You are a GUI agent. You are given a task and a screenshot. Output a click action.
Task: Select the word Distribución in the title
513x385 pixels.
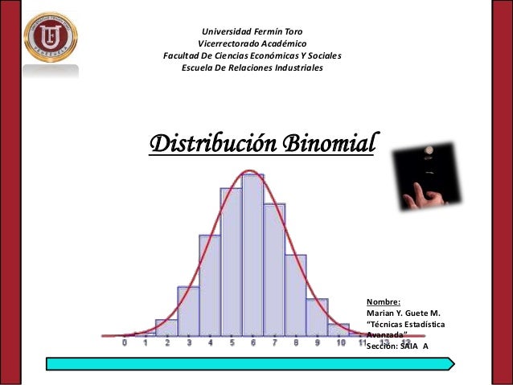click(x=211, y=144)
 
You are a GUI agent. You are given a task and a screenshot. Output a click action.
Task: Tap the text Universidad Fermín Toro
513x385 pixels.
click(x=252, y=31)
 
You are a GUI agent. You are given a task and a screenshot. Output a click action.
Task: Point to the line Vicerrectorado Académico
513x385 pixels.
click(x=252, y=43)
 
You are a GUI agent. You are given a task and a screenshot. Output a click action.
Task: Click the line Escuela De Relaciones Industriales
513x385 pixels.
click(x=252, y=68)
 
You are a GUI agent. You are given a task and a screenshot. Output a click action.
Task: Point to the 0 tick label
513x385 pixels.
click(x=125, y=343)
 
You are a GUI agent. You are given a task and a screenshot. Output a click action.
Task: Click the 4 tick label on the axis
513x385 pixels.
click(x=210, y=343)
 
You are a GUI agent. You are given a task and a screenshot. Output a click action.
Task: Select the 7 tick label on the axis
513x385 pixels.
click(x=274, y=343)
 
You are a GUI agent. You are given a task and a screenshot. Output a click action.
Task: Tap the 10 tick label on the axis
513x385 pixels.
click(x=341, y=343)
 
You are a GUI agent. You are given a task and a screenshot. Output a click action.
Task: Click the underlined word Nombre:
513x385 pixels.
click(x=378, y=302)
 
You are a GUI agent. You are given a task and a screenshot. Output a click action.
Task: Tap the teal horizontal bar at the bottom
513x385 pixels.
click(x=250, y=363)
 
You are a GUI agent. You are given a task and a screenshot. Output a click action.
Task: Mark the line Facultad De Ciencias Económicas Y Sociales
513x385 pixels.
click(x=252, y=56)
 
